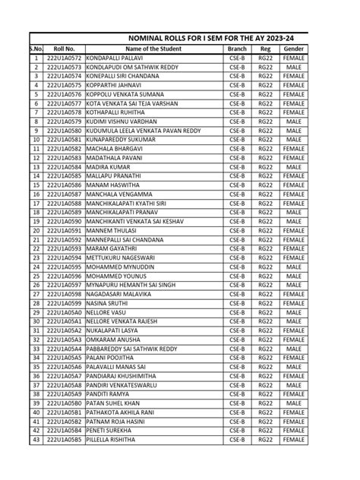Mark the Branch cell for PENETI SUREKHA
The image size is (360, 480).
[237, 431]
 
